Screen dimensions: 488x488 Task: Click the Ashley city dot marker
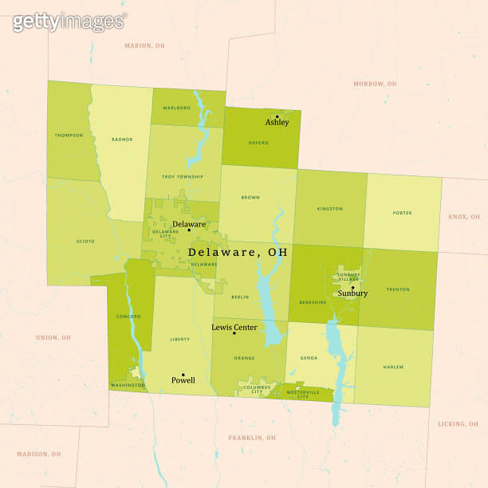click(x=277, y=116)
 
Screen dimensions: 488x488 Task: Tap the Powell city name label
click(x=183, y=380)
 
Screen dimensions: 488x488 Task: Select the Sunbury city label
click(x=352, y=293)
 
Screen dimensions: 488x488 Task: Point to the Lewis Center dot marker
click(x=234, y=333)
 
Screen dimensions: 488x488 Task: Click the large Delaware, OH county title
click(x=238, y=252)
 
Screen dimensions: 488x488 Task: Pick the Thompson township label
click(x=69, y=136)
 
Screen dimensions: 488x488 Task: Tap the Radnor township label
click(x=122, y=140)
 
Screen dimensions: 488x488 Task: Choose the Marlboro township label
click(x=176, y=108)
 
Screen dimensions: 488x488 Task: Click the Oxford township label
click(x=258, y=144)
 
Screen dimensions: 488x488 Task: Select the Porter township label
click(x=402, y=213)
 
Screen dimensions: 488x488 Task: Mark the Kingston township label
click(x=329, y=209)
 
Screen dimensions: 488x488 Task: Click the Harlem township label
click(x=393, y=368)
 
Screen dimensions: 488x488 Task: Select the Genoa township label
click(x=309, y=358)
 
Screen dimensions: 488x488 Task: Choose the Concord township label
click(x=128, y=317)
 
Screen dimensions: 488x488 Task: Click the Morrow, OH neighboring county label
click(x=375, y=84)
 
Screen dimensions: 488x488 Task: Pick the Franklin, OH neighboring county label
click(x=252, y=438)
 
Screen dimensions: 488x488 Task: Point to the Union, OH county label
click(x=53, y=337)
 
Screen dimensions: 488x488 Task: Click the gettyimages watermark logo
click(x=69, y=22)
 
